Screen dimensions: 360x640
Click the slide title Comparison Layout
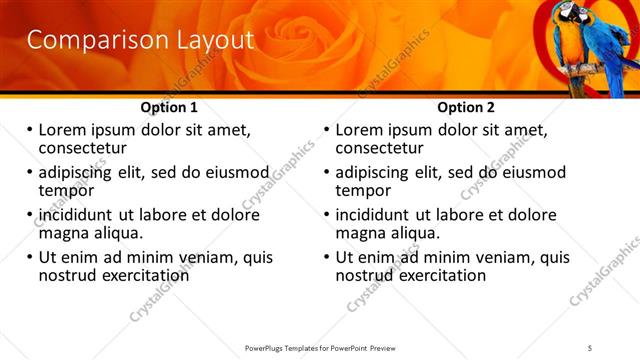click(x=139, y=40)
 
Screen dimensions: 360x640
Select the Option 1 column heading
click(x=169, y=107)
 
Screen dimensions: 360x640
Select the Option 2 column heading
click(x=466, y=107)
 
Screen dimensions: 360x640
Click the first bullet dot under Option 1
click(x=30, y=130)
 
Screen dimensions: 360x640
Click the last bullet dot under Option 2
click(x=327, y=257)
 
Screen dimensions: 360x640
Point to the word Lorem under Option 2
click(x=358, y=130)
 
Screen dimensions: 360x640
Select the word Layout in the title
click(x=211, y=40)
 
